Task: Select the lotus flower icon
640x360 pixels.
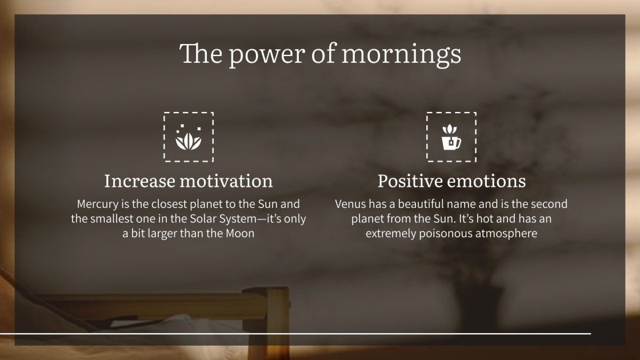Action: click(188, 137)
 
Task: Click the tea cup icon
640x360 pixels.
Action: click(451, 138)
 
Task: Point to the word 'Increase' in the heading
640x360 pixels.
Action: click(139, 181)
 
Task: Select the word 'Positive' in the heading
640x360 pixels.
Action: click(410, 181)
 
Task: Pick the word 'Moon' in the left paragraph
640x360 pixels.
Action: click(239, 234)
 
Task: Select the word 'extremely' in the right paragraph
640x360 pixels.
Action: click(390, 234)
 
